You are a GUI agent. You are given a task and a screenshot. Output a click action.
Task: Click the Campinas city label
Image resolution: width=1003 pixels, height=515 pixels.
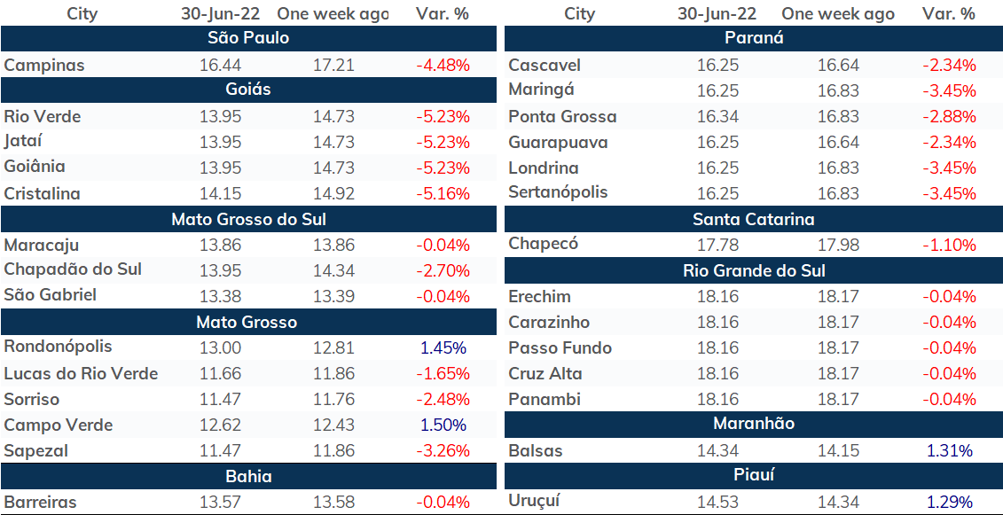pyautogui.click(x=44, y=65)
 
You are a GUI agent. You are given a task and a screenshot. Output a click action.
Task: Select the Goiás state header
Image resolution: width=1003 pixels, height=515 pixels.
pyautogui.click(x=248, y=90)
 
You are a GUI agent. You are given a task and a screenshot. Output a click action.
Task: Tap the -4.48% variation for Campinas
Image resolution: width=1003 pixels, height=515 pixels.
pyautogui.click(x=443, y=65)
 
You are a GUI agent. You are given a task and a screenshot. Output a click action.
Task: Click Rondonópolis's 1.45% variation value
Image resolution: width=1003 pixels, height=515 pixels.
pyautogui.click(x=443, y=348)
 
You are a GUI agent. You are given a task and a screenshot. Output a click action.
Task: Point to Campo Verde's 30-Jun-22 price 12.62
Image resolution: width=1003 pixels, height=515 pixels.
pyautogui.click(x=219, y=425)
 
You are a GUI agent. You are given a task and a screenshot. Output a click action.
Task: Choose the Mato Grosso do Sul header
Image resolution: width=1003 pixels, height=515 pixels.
pyautogui.click(x=248, y=219)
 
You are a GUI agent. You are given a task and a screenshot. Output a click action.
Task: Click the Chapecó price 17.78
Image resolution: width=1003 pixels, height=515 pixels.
pyautogui.click(x=717, y=245)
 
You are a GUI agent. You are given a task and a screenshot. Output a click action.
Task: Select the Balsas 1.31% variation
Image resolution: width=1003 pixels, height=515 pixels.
pyautogui.click(x=949, y=450)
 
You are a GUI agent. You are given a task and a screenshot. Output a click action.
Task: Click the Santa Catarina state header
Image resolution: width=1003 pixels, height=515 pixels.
pyautogui.click(x=754, y=220)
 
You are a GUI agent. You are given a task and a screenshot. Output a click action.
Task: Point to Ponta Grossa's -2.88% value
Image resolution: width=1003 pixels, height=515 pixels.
pyautogui.click(x=949, y=116)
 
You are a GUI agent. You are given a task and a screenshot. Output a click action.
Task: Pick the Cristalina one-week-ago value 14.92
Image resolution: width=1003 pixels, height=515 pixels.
pyautogui.click(x=334, y=193)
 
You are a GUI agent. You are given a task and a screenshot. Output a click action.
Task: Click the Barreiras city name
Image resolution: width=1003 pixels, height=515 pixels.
pyautogui.click(x=40, y=502)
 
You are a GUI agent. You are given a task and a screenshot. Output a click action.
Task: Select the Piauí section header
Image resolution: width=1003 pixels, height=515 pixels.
pyautogui.click(x=754, y=475)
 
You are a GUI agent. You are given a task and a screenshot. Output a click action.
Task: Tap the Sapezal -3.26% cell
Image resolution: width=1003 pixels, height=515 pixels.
pyautogui.click(x=443, y=450)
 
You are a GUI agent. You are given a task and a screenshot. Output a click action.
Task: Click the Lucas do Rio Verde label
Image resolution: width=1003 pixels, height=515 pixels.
pyautogui.click(x=81, y=373)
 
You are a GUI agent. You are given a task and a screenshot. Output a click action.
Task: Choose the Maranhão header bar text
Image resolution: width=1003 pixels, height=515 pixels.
pyautogui.click(x=754, y=423)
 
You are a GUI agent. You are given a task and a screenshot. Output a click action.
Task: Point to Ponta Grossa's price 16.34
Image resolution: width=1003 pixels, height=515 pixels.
pyautogui.click(x=717, y=116)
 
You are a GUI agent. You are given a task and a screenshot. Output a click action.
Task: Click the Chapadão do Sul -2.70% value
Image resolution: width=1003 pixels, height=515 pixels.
pyautogui.click(x=443, y=270)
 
